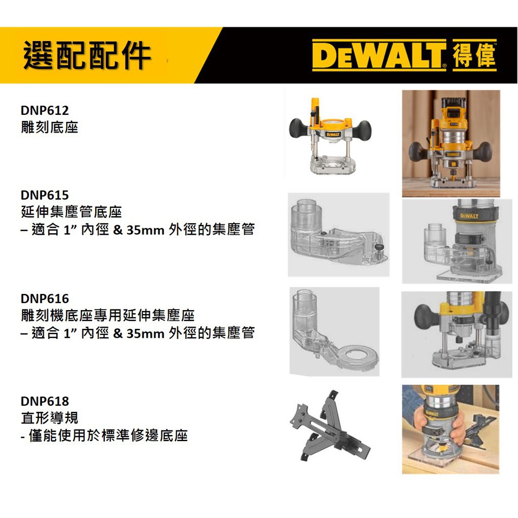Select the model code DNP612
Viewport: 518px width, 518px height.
point(45,110)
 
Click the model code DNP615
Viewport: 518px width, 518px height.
point(45,195)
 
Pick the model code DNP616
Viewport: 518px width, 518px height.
point(45,298)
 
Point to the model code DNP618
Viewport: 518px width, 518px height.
point(45,402)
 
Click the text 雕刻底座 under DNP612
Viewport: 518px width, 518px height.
point(50,127)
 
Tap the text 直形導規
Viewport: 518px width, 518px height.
point(50,418)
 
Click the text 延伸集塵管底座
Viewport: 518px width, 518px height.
point(71,212)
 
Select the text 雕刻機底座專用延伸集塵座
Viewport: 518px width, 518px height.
point(108,316)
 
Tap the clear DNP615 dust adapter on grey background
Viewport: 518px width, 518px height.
point(334,235)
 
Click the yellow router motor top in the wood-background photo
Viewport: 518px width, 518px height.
point(454,112)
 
